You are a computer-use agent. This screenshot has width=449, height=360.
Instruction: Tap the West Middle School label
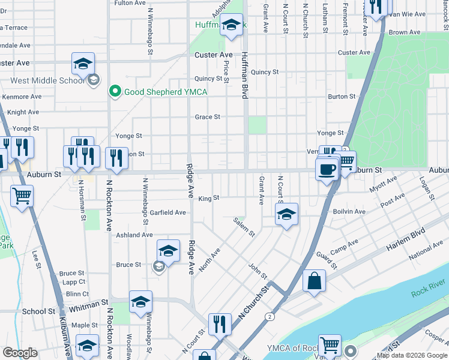point(47,80)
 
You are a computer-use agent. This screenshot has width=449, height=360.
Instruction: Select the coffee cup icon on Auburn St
point(327,170)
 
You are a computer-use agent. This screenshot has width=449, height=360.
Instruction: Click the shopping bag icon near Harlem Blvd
point(314,281)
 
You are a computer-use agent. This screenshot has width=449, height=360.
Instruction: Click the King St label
point(209,199)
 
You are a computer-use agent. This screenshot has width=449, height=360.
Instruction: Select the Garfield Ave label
point(167,212)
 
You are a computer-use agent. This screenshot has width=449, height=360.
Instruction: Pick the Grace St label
point(207,117)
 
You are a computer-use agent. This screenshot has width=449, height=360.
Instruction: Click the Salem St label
point(244,226)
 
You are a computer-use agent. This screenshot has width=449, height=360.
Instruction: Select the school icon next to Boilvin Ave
point(287,214)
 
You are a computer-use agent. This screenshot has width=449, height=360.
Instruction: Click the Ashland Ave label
point(134,235)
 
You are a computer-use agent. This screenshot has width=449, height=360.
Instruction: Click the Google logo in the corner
point(20,353)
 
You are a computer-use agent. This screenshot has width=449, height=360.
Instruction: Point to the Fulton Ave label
point(130,3)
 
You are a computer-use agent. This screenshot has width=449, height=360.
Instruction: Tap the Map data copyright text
point(411,355)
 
